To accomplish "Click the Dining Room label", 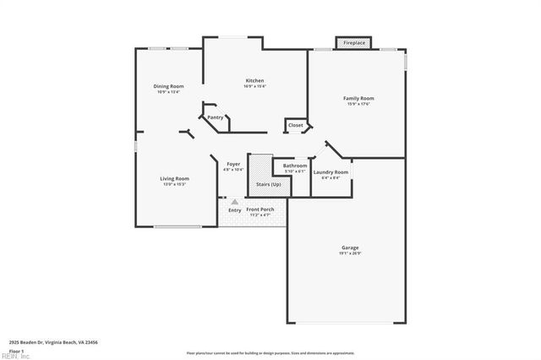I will point(168,86).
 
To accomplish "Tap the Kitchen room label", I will point(254,80).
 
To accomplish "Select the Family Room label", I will point(358,98).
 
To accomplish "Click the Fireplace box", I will point(354,42).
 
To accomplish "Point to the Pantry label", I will point(216,117).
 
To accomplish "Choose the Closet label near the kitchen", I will point(295,125).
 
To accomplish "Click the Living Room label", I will point(175,178).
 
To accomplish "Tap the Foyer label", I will point(232,164).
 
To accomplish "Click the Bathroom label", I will point(294,166).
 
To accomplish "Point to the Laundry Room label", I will point(331,172).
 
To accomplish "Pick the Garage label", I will point(350,248).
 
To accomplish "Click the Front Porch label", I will point(260,210).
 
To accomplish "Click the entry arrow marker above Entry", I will point(234,201).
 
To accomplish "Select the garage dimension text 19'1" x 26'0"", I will point(350,254).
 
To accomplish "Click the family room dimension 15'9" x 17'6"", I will point(358,104).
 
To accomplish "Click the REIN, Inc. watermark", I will point(14,356).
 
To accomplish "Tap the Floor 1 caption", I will point(17,350).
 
